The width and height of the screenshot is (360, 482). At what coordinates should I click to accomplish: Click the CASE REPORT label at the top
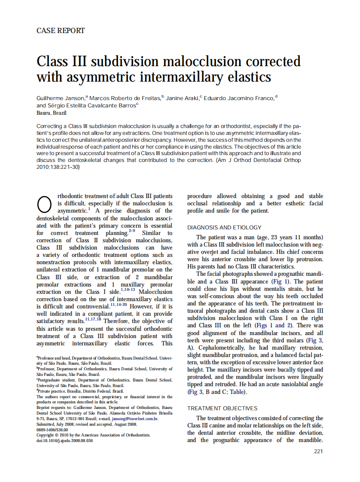click(61, 31)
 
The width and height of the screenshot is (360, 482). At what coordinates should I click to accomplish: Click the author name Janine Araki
click(182, 98)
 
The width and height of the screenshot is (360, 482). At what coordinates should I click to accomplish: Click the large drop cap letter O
click(45, 204)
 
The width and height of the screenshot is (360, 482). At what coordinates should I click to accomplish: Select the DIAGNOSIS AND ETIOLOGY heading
click(224, 227)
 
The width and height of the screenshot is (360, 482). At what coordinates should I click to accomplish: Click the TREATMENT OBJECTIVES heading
click(222, 408)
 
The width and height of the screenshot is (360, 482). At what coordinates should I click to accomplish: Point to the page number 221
click(318, 451)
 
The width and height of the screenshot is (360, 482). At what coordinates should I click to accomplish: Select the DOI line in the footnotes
click(64, 440)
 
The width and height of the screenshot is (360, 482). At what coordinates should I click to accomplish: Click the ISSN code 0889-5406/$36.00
click(52, 429)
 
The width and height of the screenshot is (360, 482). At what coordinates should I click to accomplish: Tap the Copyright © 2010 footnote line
click(93, 435)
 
